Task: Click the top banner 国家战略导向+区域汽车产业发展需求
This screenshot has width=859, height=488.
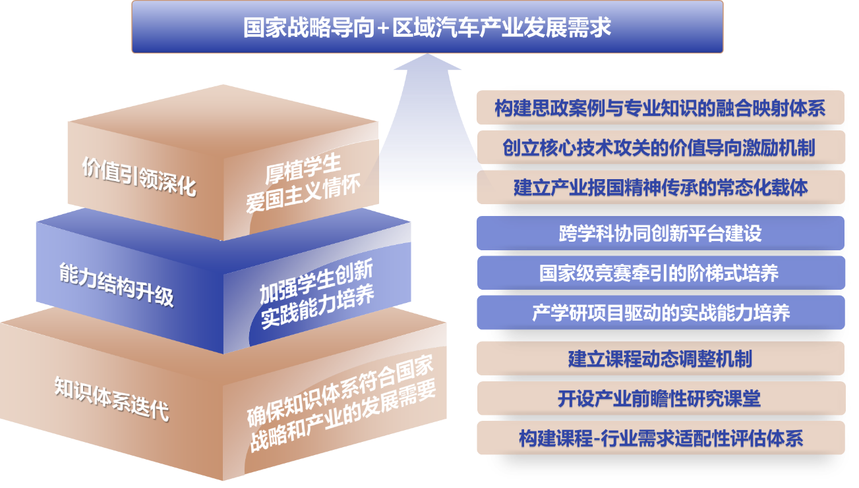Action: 427,27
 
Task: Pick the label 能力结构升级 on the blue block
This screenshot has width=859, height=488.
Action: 116,285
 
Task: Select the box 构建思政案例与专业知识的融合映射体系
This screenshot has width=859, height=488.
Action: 660,107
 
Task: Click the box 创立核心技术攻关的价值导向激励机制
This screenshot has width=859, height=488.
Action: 660,147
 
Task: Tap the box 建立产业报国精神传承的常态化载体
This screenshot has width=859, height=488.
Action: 660,187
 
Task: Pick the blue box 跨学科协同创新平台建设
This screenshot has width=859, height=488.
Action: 660,233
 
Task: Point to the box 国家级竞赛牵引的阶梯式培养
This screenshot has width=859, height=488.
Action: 660,273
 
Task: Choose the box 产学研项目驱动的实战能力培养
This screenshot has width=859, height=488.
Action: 660,312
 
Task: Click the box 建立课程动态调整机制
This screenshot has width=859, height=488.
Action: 660,358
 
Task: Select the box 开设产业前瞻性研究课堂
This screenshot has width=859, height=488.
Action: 660,398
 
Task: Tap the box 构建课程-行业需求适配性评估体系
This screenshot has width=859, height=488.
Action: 660,438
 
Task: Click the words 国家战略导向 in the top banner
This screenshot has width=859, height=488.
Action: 310,28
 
